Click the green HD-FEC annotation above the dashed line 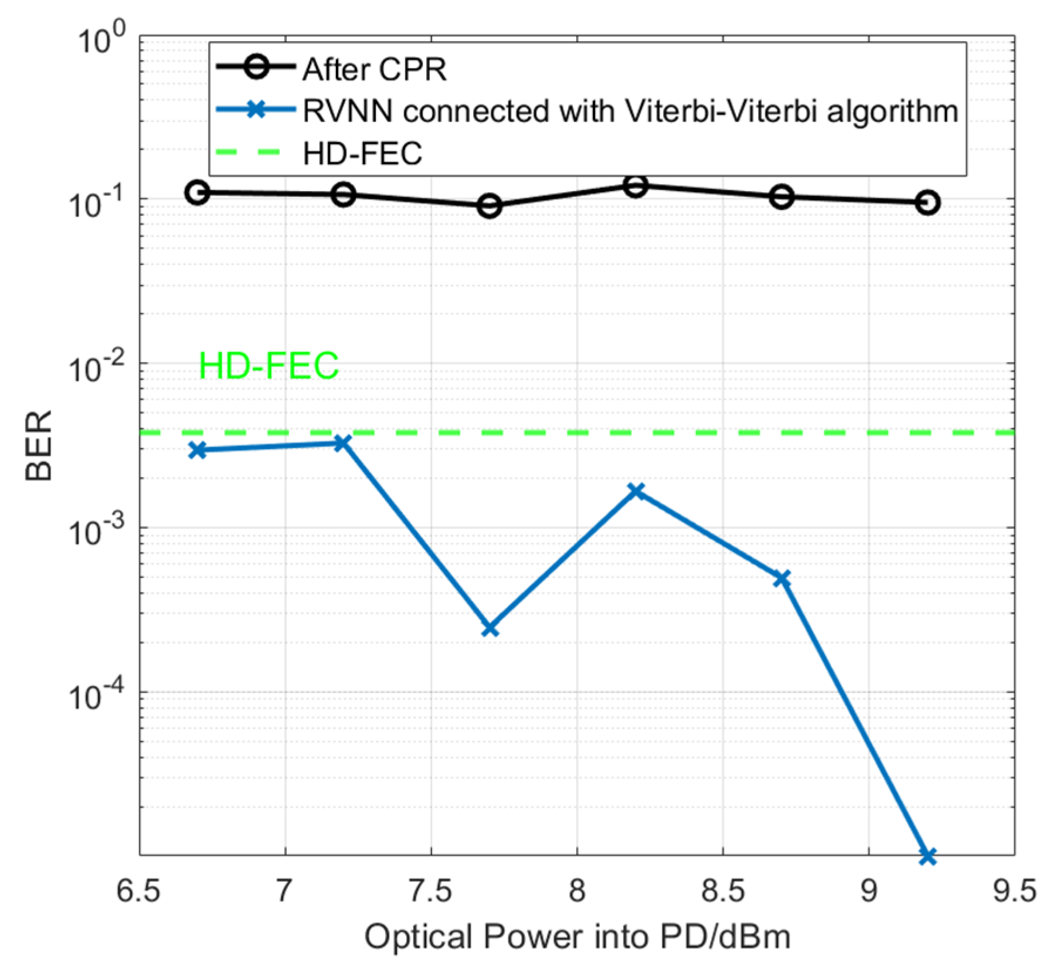click(x=269, y=366)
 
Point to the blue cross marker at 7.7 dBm click(x=490, y=629)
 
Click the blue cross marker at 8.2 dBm click(x=636, y=491)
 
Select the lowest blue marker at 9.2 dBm click(x=927, y=856)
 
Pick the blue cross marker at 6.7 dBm click(x=198, y=450)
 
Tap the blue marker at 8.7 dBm click(x=781, y=579)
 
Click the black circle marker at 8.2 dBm click(x=635, y=186)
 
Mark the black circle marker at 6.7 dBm click(x=198, y=192)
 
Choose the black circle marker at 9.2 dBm click(x=927, y=203)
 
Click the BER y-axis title click(x=39, y=445)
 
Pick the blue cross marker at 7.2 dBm click(x=344, y=443)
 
